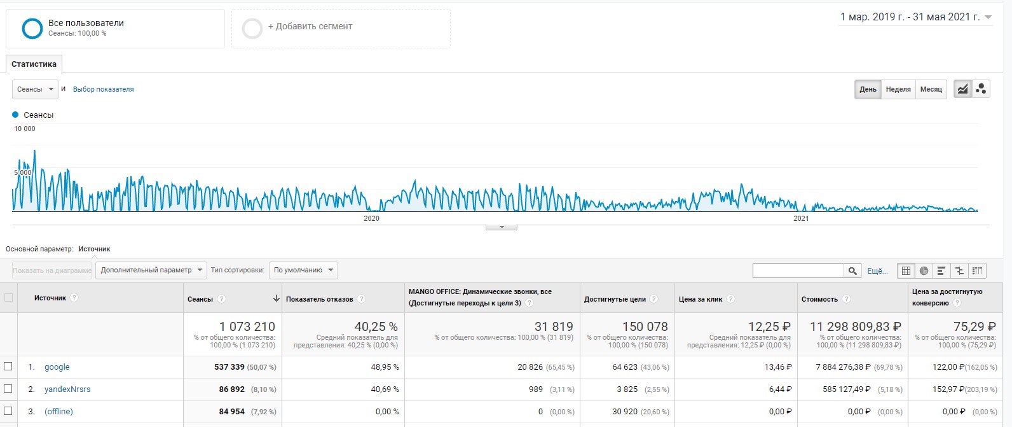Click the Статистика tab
pos(34,64)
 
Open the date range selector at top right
pos(915,17)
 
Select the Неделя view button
pos(898,89)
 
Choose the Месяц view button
pos(931,89)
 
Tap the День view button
pos(868,89)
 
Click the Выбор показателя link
pos(104,89)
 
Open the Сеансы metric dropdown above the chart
pos(35,89)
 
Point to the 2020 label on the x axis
pos(371,218)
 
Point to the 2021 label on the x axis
pos(801,218)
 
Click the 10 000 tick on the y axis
pos(25,129)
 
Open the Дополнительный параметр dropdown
pos(151,270)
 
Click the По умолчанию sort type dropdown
pos(303,270)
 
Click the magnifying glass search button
pos(852,270)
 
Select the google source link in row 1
pos(57,367)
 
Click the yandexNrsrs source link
pos(67,389)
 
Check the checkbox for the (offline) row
pos(8,410)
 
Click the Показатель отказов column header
pos(319,299)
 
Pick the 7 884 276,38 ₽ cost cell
pos(843,367)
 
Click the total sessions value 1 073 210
pos(247,326)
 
